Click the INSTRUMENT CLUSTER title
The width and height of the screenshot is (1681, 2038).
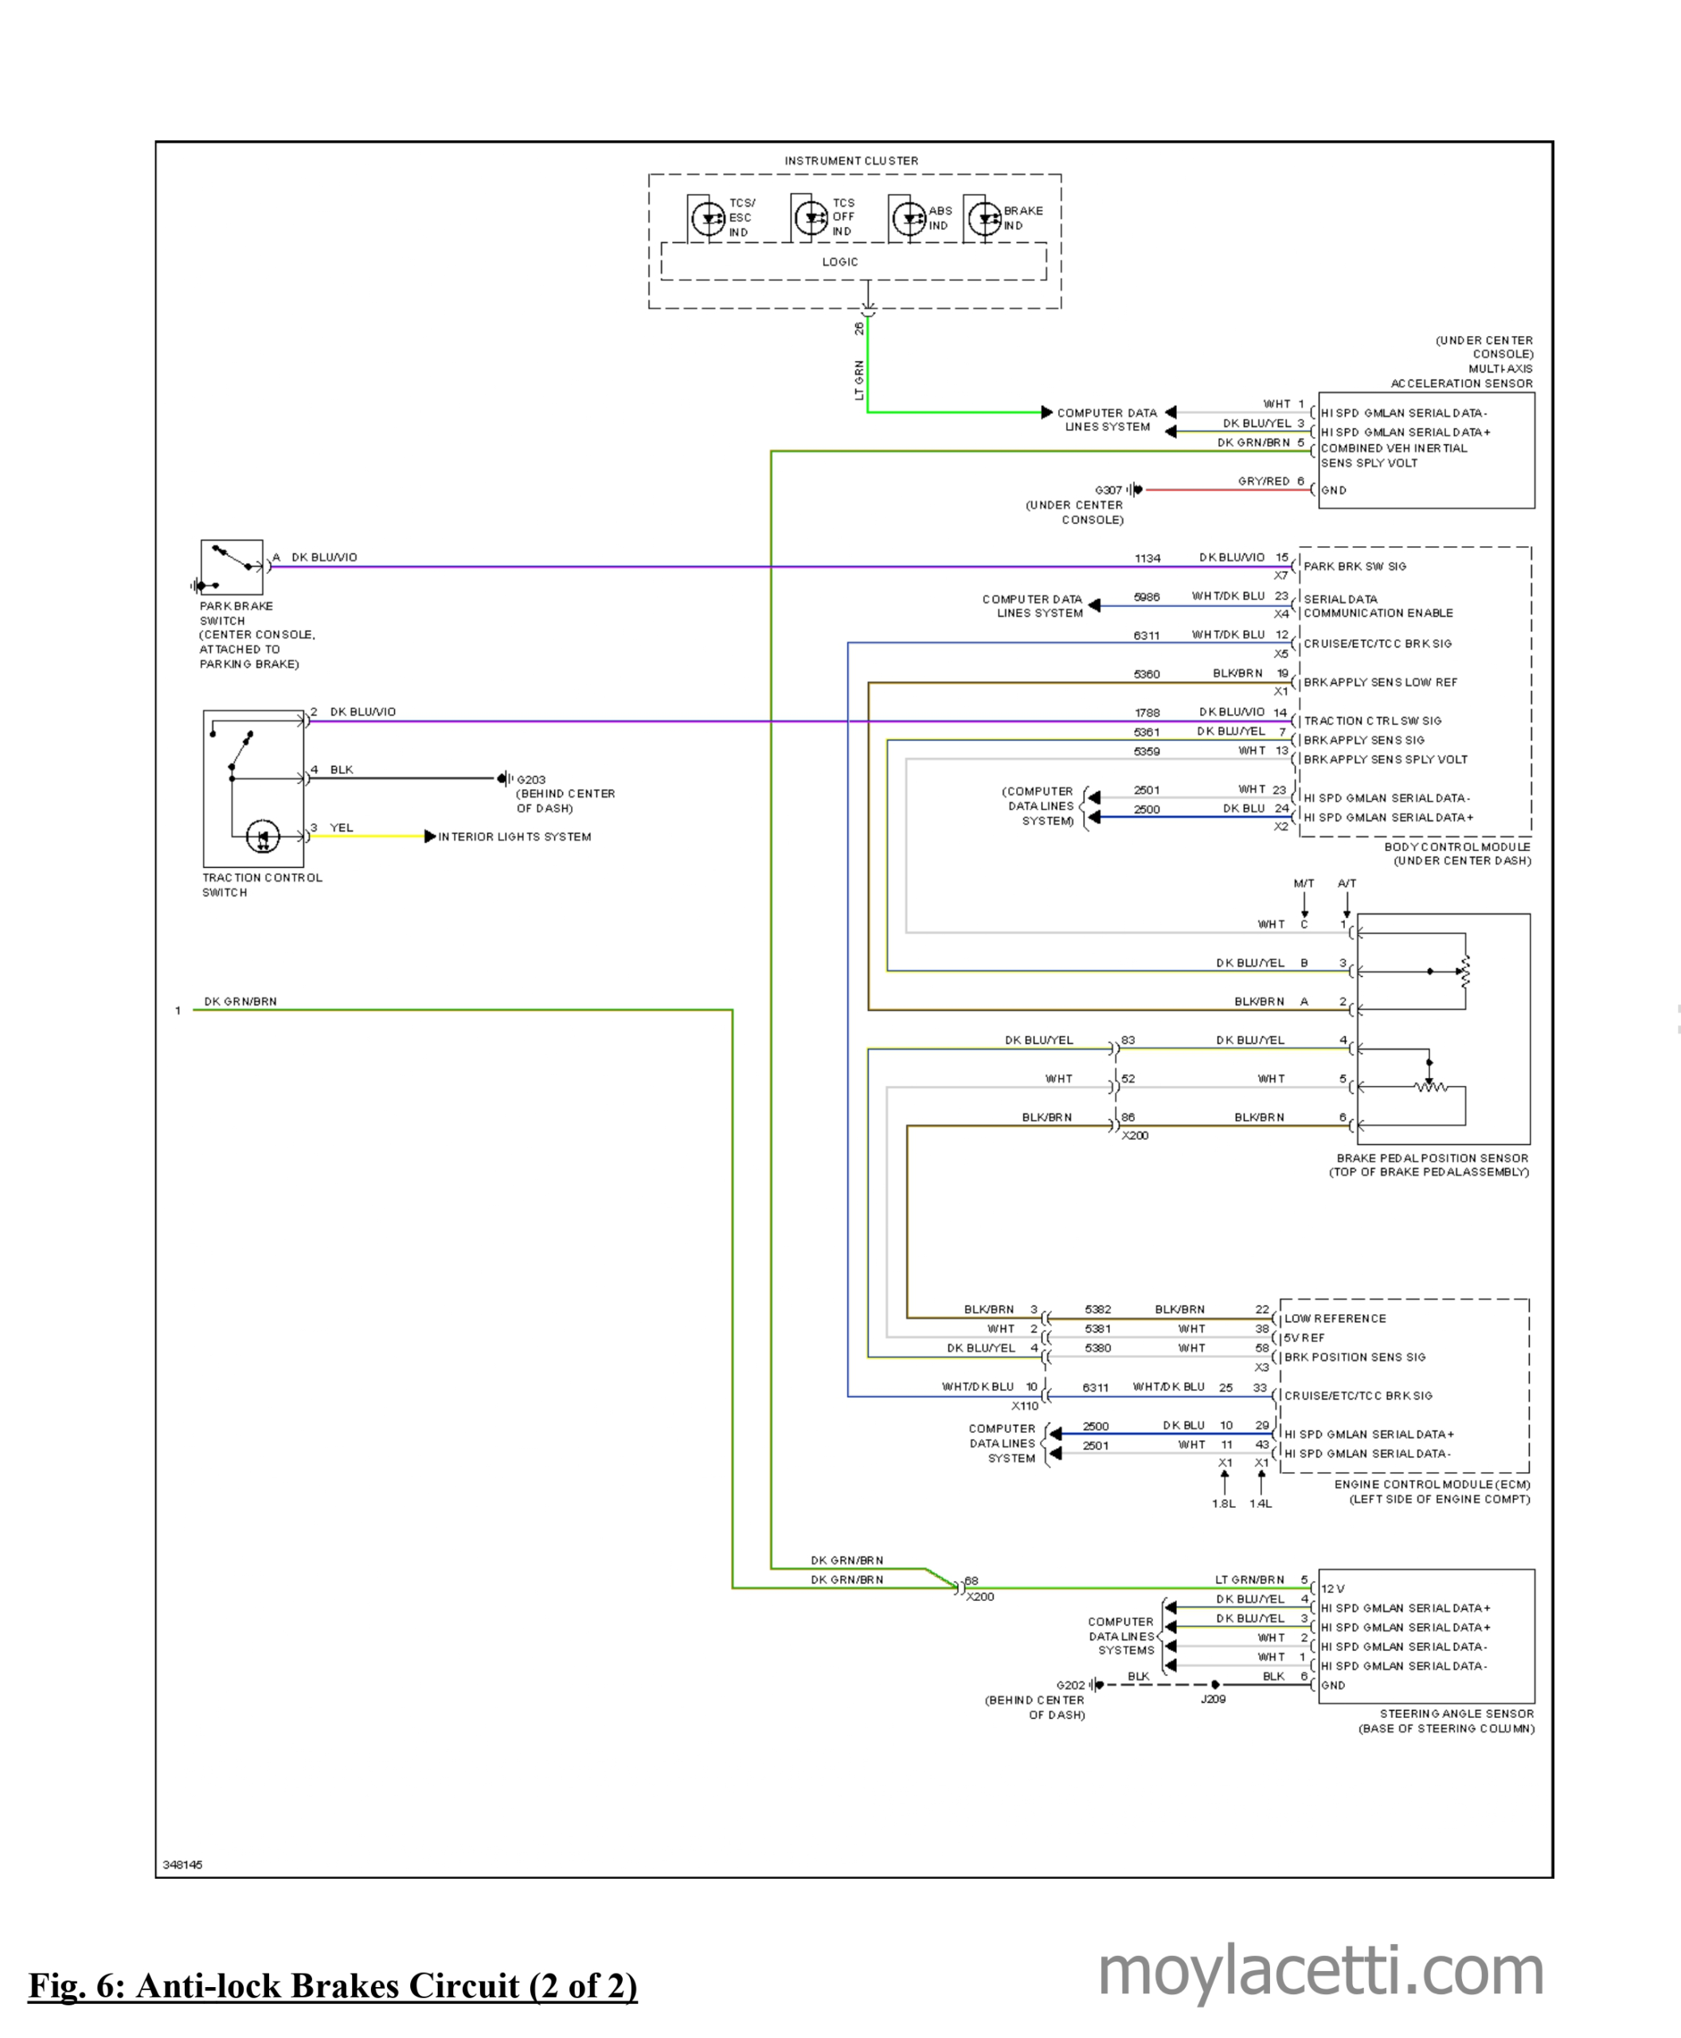point(851,161)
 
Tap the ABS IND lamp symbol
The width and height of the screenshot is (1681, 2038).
point(909,219)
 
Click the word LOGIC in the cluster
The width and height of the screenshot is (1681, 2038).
point(839,261)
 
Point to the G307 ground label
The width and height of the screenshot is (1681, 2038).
point(1108,490)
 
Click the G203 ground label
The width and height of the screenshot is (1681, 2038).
point(530,779)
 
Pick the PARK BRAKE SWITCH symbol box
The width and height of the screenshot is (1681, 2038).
point(232,568)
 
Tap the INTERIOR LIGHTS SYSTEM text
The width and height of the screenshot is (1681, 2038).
point(514,837)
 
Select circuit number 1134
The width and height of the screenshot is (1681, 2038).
point(1147,558)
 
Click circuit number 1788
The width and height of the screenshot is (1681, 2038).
point(1147,713)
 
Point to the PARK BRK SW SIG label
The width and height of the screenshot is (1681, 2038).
point(1355,566)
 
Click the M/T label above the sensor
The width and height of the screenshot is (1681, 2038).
point(1304,883)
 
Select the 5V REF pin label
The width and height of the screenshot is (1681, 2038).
point(1304,1338)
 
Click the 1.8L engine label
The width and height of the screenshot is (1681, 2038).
point(1223,1504)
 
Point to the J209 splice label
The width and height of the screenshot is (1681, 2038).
point(1214,1699)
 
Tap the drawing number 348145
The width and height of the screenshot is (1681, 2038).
point(182,1864)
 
